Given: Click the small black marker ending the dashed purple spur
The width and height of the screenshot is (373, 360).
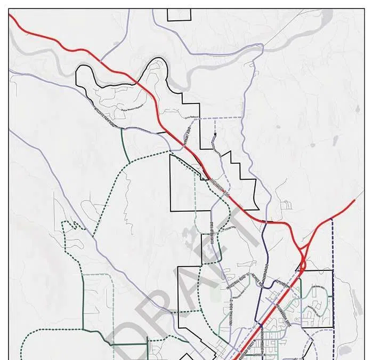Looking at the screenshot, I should tap(215, 134).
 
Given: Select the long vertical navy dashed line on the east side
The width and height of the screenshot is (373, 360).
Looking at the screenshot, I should tap(333, 277).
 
